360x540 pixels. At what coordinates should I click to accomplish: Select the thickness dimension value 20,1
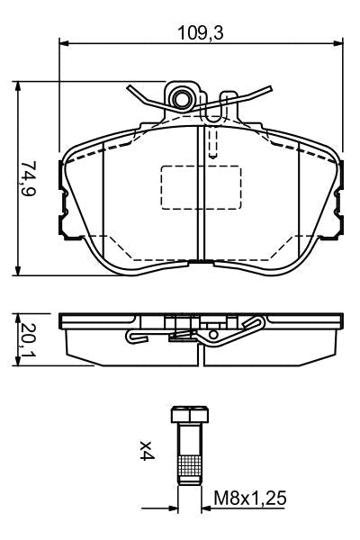30,340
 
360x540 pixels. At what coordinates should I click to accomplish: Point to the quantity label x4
145,450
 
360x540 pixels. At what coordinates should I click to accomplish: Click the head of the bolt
189,415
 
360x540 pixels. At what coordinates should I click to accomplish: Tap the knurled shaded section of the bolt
189,467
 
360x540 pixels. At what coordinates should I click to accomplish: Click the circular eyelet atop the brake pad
183,97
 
